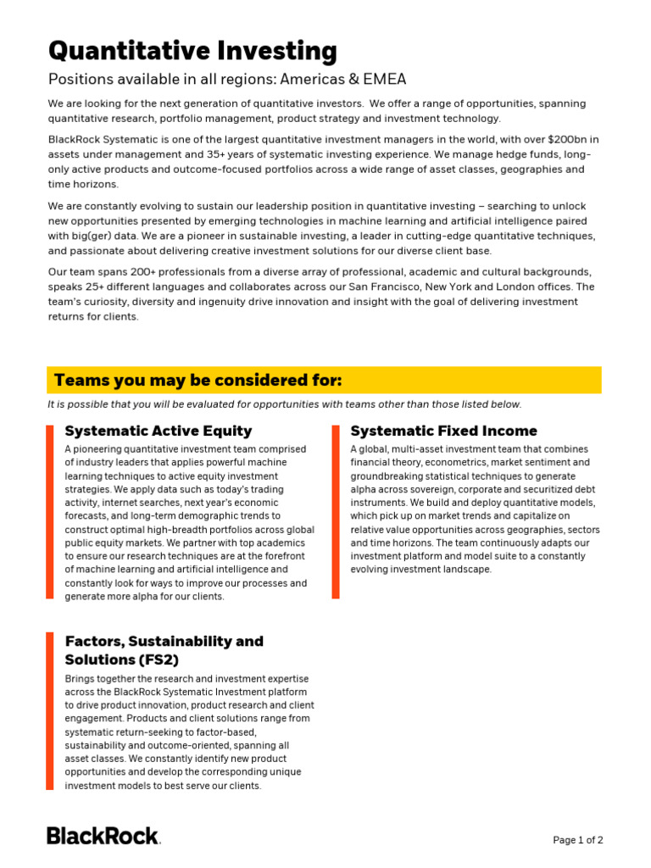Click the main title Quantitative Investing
192,51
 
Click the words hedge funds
526,155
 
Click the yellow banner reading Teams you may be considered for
325,380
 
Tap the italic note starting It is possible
284,404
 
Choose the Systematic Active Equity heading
159,431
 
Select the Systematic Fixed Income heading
444,431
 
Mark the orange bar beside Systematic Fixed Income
336,512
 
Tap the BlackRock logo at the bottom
103,836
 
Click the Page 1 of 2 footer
578,840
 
